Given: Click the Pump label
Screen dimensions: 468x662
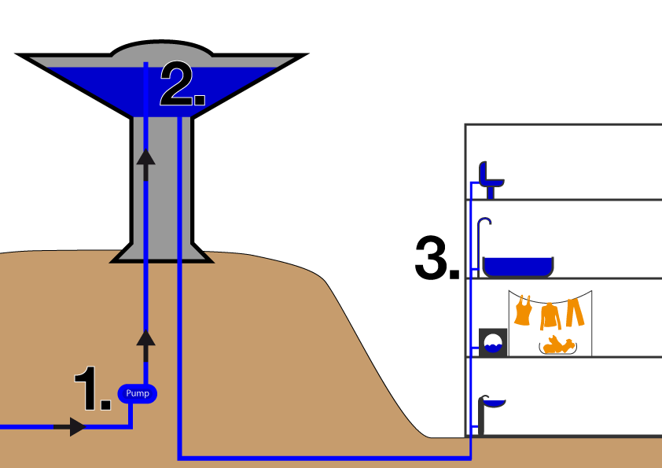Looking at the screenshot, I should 138,393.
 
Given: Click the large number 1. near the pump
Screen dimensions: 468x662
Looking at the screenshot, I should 91,389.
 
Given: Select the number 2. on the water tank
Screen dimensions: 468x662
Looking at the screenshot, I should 182,85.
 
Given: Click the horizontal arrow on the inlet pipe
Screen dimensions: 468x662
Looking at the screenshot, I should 76,427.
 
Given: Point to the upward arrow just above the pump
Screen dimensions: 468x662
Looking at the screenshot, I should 145,338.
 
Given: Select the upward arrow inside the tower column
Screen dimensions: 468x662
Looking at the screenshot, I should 145,157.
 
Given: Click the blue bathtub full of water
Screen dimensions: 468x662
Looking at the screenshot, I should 517,267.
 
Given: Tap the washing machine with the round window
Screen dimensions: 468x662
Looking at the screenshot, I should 494,343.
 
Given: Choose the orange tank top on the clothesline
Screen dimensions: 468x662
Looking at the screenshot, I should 523,310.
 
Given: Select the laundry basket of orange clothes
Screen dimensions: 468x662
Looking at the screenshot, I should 558,345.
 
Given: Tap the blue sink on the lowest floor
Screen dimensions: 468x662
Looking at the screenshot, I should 492,401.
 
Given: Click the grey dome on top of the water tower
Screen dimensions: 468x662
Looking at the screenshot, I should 161,52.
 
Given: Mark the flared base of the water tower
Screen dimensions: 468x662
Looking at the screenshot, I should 161,253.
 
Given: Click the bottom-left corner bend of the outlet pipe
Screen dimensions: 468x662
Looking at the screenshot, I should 181,456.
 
